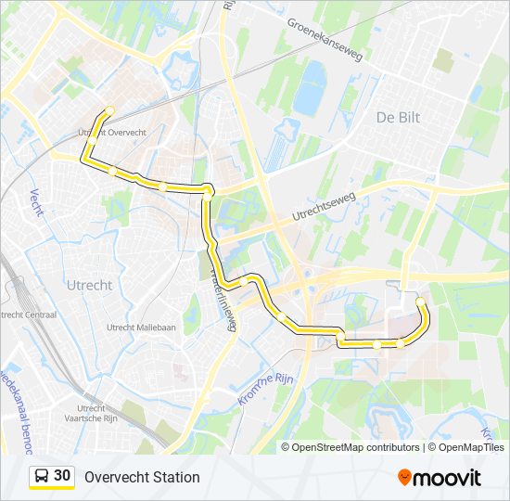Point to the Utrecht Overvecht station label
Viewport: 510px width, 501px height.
112,134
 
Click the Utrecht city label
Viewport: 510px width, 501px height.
90,285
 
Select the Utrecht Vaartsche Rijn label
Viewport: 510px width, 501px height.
91,413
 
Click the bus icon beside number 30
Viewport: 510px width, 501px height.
42,477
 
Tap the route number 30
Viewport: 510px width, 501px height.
62,476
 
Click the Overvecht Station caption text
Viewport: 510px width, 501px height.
142,477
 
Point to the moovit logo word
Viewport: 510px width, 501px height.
448,478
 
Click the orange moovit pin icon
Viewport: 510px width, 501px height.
405,477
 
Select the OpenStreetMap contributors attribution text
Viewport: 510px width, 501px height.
356,447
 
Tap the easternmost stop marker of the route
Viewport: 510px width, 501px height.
421,302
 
